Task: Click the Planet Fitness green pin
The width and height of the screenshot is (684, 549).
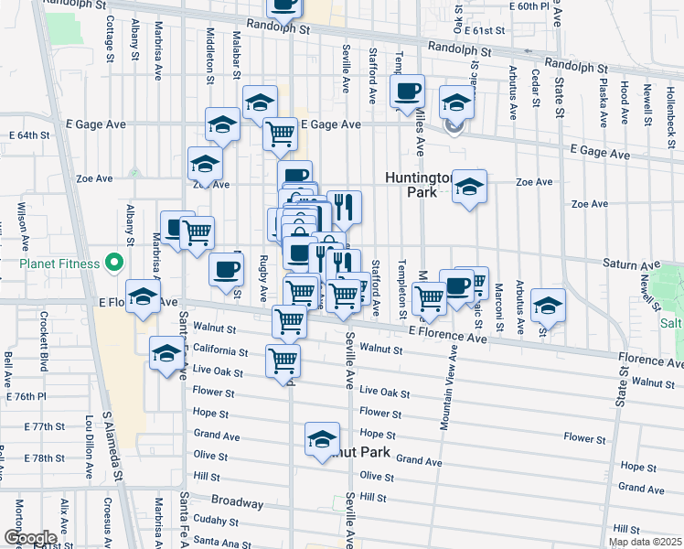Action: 114,264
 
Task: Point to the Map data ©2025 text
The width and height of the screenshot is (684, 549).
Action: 645,542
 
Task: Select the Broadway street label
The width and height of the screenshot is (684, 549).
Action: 237,501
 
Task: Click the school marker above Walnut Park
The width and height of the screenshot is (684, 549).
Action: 322,440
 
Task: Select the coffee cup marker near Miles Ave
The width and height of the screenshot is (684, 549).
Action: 407,91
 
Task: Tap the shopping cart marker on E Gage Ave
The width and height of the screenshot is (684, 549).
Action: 280,134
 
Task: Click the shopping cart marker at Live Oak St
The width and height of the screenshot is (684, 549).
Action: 283,360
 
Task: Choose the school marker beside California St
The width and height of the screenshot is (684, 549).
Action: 166,352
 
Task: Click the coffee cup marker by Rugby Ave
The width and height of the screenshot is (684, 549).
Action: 227,268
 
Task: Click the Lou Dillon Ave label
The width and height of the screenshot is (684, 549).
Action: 90,447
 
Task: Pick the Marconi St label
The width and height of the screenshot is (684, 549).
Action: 499,307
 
